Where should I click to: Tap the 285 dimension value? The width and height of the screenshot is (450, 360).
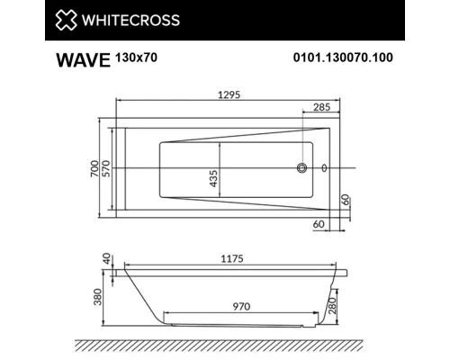pyautogui.click(x=319, y=106)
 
